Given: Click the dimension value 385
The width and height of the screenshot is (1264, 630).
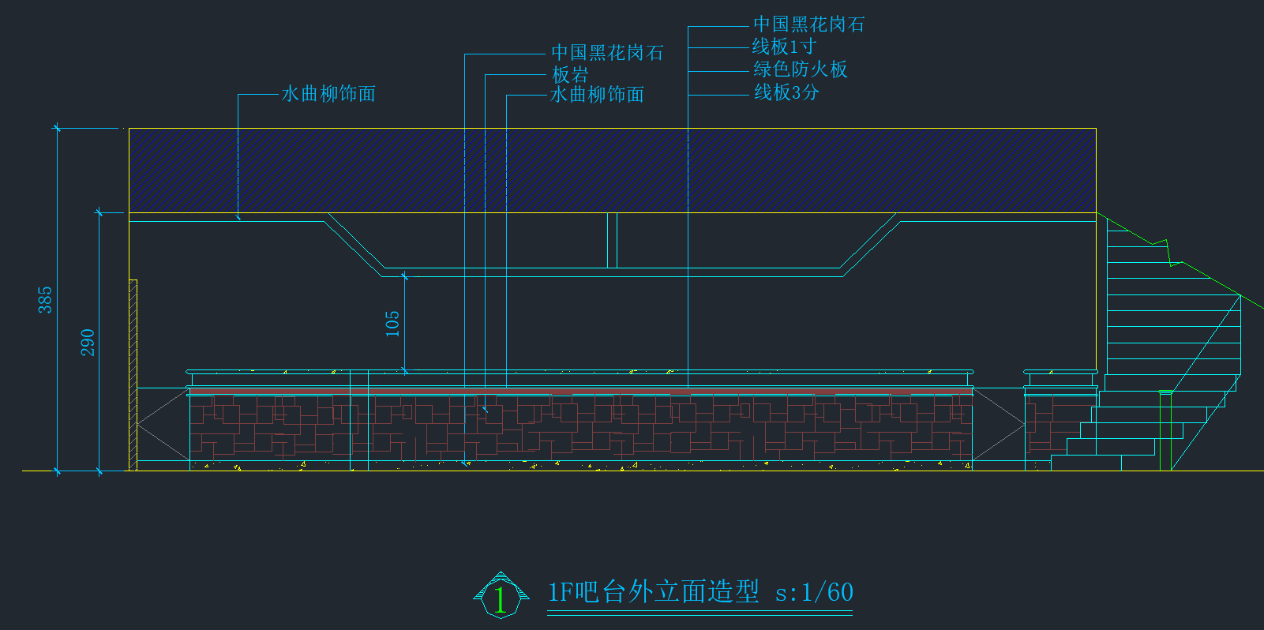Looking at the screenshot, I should point(45,300).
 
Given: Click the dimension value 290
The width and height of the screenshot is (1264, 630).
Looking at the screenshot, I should point(88,342).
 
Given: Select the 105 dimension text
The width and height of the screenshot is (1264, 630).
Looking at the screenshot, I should point(392,324).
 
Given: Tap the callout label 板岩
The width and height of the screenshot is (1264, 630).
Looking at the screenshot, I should point(570,75).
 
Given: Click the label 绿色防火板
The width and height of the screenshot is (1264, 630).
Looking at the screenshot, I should point(800,69).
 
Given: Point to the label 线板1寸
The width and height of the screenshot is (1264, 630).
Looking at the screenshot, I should point(783,47).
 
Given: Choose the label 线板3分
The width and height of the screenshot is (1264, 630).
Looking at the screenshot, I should point(786,92).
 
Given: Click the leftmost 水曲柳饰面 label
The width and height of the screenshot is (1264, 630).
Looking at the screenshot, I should point(328,94).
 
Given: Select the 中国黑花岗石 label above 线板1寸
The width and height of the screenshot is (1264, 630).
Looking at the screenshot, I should point(808,24).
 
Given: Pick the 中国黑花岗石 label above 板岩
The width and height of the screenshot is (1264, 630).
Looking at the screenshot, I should point(607,53).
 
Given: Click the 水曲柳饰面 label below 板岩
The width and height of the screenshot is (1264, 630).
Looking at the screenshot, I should point(597,95).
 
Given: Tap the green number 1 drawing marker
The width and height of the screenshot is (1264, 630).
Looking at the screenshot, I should point(501,598).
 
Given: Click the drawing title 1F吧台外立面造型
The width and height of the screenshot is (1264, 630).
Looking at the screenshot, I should point(654,592).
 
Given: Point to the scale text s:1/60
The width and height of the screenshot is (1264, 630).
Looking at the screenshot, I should point(814,592).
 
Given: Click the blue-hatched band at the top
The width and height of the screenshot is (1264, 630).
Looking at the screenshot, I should point(612,170).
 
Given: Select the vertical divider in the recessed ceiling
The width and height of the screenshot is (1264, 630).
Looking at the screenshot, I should point(612,240).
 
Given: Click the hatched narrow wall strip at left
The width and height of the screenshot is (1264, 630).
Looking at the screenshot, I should point(133,375).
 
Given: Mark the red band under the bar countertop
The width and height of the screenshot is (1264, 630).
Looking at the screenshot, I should point(580,391).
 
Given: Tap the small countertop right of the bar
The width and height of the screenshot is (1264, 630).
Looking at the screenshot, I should point(1060,372).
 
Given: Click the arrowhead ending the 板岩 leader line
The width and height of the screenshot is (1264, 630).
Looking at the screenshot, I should point(486,410).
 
